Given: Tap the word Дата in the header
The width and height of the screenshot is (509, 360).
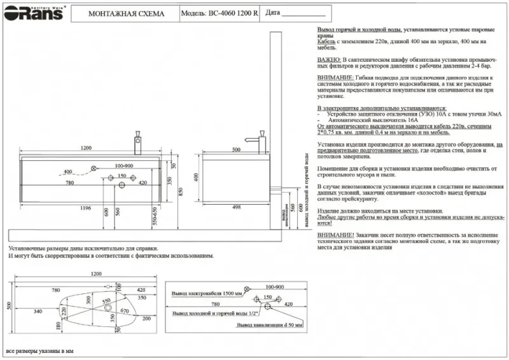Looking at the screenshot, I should point(272,13).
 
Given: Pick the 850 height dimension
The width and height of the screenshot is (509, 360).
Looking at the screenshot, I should point(180,191).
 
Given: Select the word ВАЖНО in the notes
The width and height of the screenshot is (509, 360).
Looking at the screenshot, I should point(329,58).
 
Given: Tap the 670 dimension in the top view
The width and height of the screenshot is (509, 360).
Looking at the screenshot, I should point(124,310).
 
